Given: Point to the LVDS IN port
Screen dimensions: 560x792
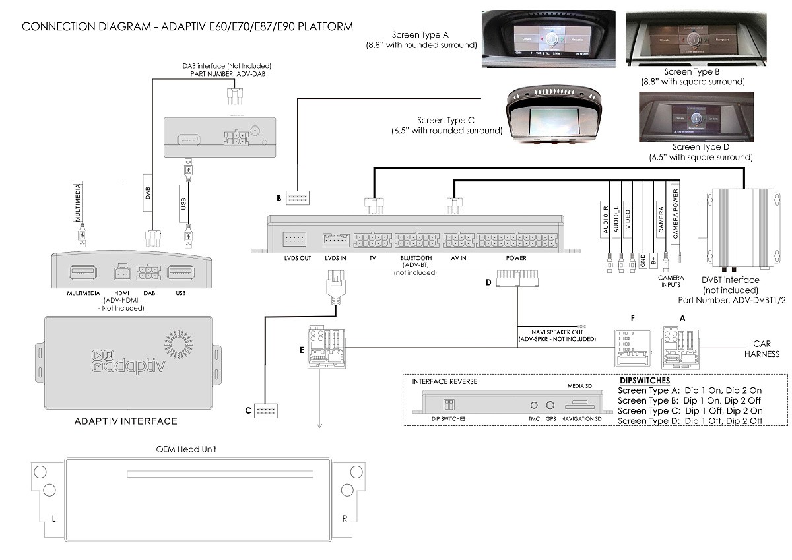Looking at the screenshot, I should click(x=335, y=239).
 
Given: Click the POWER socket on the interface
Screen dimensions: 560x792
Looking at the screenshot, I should click(x=515, y=239).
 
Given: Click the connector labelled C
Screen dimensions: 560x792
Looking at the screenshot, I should click(x=265, y=410).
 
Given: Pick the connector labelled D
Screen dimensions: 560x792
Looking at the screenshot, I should click(x=515, y=282).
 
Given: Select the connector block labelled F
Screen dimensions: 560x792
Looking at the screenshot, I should click(x=632, y=348).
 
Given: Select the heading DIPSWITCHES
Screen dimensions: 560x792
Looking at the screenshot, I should click(x=645, y=381).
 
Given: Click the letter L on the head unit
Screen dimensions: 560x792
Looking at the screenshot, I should click(x=53, y=518).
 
